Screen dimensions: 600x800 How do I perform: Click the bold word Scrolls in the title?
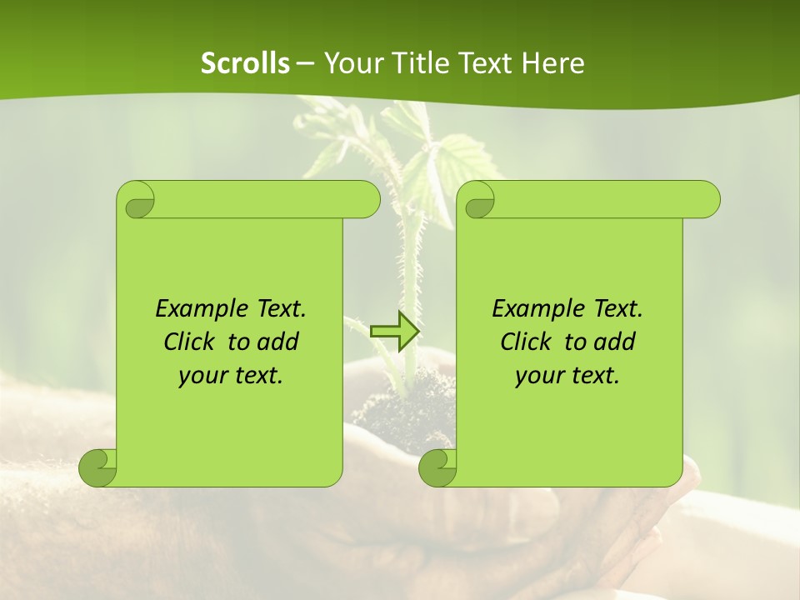pos(245,63)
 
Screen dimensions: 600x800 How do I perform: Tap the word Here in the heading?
pos(553,63)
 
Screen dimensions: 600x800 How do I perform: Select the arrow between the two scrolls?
pos(394,332)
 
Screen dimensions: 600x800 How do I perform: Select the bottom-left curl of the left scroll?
pos(98,467)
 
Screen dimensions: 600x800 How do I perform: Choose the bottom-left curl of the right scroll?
pos(437,467)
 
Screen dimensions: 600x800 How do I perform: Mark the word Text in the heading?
pos(482,63)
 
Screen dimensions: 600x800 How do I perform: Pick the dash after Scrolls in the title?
pos(305,63)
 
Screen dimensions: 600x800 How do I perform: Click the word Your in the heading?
pos(350,63)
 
